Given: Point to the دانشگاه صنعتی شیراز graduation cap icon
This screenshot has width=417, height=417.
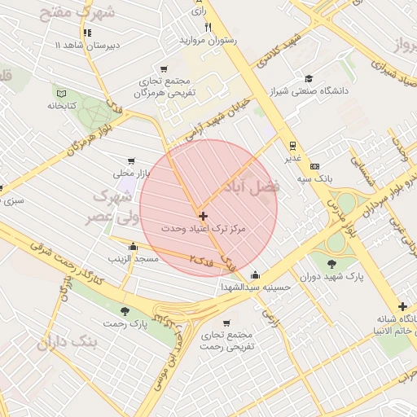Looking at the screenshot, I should point(309,78).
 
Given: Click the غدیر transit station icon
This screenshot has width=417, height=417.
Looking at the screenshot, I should point(292,146).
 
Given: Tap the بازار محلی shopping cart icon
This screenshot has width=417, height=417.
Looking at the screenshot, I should point(130,161).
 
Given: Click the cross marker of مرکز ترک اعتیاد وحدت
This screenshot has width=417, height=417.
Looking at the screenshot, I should point(203,216).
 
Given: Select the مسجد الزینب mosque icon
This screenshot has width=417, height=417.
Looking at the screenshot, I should point(133,247).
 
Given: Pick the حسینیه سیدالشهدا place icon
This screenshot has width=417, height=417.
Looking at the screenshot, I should point(256,274).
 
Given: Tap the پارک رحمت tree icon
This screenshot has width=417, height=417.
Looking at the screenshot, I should point(125,311).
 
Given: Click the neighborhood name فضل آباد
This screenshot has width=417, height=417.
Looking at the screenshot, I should point(257,186).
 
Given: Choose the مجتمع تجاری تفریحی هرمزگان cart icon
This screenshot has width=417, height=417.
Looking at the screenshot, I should point(165,69).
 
